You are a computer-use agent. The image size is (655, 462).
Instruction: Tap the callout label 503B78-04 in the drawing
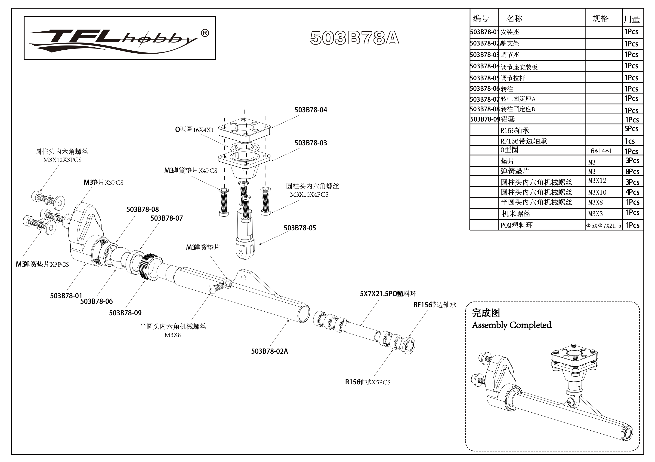pyautogui.click(x=311, y=110)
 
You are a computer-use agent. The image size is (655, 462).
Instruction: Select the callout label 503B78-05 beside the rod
pyautogui.click(x=300, y=228)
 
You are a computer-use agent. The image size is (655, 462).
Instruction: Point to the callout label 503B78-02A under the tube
pyautogui.click(x=269, y=351)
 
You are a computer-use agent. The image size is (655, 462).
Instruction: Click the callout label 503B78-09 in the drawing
pyautogui.click(x=125, y=313)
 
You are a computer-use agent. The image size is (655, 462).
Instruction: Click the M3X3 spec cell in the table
pyautogui.click(x=596, y=214)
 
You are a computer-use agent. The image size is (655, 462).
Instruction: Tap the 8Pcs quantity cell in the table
pyautogui.click(x=632, y=172)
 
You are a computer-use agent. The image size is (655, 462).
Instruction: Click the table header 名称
pyautogui.click(x=514, y=18)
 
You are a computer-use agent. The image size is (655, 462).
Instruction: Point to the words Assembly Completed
pyautogui.click(x=512, y=325)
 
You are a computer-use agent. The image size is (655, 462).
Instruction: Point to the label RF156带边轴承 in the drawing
pyautogui.click(x=435, y=305)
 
